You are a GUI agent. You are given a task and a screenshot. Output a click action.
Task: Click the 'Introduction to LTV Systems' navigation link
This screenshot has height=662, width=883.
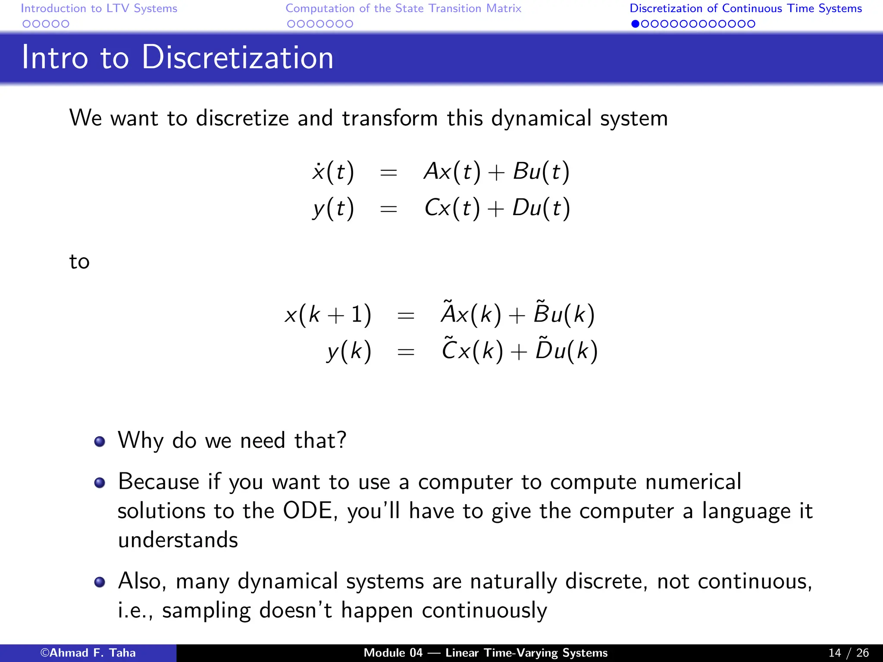pos(99,9)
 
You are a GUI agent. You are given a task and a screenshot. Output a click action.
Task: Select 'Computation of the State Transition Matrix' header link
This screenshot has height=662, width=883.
pos(403,9)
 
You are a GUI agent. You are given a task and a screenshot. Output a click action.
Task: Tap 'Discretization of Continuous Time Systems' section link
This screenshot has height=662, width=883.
pos(745,9)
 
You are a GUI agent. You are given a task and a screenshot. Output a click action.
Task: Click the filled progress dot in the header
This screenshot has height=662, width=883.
pos(635,24)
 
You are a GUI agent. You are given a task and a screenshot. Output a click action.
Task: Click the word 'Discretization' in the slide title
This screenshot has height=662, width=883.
pos(237,57)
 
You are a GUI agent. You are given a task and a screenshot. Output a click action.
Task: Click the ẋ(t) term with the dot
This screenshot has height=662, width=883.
pos(333,172)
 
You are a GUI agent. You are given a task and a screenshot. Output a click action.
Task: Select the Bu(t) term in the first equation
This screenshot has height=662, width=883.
pos(541,172)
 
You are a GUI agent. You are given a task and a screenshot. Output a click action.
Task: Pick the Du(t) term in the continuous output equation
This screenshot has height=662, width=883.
pos(541,208)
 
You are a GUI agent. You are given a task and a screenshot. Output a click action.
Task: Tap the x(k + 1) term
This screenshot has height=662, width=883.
pos(328,314)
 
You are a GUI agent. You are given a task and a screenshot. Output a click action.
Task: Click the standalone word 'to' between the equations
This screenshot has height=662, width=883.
pos(79,262)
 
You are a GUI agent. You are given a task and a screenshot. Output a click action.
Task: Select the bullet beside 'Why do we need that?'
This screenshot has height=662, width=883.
pos(100,441)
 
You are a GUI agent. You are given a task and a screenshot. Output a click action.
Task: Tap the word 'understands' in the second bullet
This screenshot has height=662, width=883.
pos(178,540)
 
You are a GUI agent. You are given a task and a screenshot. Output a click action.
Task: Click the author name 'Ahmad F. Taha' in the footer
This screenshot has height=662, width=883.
pos(92,653)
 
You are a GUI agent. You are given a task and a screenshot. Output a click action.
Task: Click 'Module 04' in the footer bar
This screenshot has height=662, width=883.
pos(393,653)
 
